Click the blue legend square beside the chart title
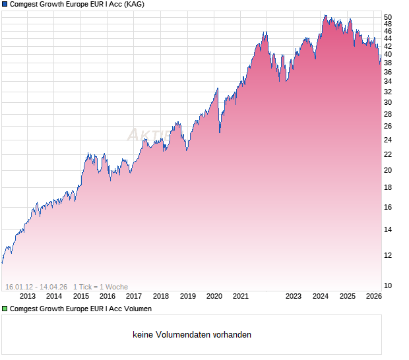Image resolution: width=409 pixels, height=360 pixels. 5,4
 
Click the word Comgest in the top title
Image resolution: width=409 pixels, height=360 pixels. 25,4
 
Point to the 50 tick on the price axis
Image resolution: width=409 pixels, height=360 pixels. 388,17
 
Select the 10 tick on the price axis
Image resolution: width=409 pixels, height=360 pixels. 388,285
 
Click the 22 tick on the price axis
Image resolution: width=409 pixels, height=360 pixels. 388,154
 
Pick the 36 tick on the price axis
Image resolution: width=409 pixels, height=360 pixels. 388,72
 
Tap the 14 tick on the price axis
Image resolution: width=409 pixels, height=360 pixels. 388,229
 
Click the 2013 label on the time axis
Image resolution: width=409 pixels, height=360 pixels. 28,297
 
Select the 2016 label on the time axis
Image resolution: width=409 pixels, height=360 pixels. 108,297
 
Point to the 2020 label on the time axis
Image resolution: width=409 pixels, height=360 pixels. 214,297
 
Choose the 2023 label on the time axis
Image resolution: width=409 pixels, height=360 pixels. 294,297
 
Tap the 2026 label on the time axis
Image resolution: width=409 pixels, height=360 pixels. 373,297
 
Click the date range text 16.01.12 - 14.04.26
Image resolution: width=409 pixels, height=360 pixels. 36,287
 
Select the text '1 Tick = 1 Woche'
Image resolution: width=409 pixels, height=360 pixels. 100,287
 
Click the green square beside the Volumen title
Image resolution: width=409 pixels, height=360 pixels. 5,309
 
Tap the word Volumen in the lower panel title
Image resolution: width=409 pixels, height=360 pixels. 137,309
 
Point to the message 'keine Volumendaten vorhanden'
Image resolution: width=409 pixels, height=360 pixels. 192,335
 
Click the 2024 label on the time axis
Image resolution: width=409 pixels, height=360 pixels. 321,297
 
